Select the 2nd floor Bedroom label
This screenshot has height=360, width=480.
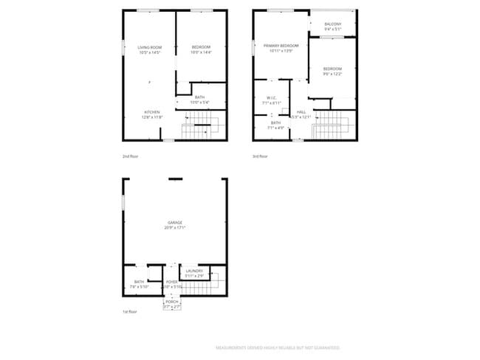[x=201, y=49]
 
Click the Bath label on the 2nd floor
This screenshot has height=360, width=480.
[x=200, y=99]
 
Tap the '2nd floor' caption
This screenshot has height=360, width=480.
[x=130, y=156]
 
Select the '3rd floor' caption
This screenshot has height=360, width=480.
[x=260, y=156]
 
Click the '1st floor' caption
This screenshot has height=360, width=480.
[x=130, y=313]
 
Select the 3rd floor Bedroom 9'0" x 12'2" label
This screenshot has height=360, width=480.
[x=333, y=72]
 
